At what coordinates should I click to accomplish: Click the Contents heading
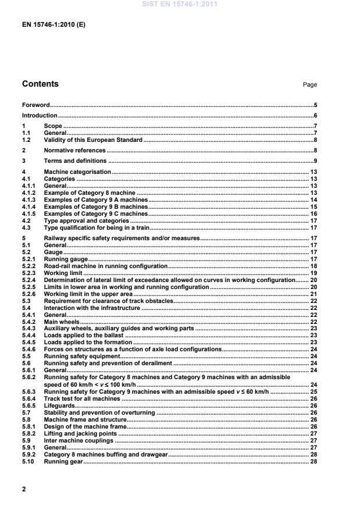pyautogui.click(x=40, y=84)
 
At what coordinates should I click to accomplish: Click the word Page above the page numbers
pyautogui.click(x=310, y=85)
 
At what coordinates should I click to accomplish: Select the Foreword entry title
pyautogui.click(x=35, y=106)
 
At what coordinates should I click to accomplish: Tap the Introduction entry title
pyautogui.click(x=39, y=116)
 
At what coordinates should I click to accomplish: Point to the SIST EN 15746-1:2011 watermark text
pyautogui.click(x=179, y=5)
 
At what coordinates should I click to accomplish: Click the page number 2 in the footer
pyautogui.click(x=24, y=489)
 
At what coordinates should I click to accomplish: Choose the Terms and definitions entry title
pyautogui.click(x=75, y=161)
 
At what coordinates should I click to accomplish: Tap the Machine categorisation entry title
pyautogui.click(x=77, y=172)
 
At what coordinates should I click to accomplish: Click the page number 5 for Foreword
pyautogui.click(x=315, y=106)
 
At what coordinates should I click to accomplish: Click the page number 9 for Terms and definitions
pyautogui.click(x=315, y=161)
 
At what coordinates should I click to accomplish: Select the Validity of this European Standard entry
pyautogui.click(x=93, y=140)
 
